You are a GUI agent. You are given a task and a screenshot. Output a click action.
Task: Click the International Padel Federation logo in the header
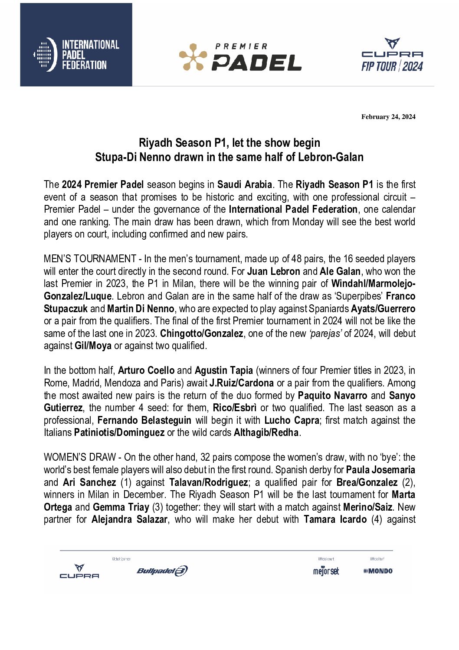click(x=76, y=54)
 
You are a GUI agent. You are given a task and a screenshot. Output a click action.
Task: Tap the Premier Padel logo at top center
click(x=240, y=57)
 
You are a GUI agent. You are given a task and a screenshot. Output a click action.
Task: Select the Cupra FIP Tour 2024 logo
click(x=392, y=55)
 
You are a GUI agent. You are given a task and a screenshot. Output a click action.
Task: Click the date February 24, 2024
click(x=388, y=117)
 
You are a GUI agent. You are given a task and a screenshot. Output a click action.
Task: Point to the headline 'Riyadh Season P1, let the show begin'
click(x=229, y=142)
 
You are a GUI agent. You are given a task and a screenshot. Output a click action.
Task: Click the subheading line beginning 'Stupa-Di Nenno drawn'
click(x=229, y=157)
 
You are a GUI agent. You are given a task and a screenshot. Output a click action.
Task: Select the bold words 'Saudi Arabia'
click(x=245, y=185)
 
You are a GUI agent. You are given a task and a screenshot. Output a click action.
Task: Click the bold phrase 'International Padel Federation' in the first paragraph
click(x=293, y=209)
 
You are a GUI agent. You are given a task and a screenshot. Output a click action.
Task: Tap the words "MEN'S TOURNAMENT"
click(x=90, y=259)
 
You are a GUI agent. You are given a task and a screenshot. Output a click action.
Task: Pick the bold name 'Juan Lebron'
click(x=274, y=271)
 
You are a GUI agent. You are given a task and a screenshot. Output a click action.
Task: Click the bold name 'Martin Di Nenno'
click(x=141, y=309)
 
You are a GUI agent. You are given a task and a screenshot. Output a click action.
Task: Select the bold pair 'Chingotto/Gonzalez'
click(x=202, y=333)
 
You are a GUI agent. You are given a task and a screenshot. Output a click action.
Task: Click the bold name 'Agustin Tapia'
click(x=224, y=371)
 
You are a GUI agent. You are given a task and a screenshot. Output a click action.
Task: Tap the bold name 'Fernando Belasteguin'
click(x=144, y=420)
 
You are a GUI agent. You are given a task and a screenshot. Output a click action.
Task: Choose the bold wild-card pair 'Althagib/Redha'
click(x=266, y=433)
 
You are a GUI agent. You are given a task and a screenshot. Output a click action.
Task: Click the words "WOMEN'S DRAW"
click(x=80, y=458)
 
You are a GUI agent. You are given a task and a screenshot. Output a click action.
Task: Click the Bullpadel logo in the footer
click(x=162, y=571)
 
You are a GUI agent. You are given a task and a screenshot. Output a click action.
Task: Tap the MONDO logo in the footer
click(x=378, y=571)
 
